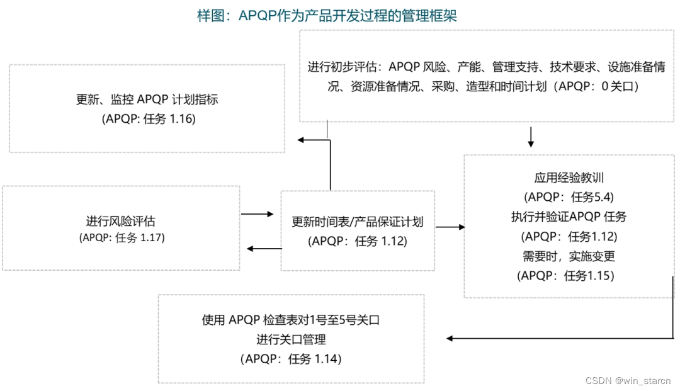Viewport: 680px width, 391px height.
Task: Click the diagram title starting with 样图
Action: (x=327, y=16)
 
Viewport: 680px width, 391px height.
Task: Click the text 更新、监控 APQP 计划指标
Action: (x=147, y=99)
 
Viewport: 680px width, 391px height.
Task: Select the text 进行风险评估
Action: (x=121, y=221)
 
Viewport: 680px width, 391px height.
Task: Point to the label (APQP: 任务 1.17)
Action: (x=122, y=238)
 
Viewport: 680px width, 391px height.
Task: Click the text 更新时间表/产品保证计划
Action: (x=357, y=222)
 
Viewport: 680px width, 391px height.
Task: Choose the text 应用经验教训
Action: (x=569, y=178)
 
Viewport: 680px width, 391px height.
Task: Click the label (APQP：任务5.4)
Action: (x=569, y=197)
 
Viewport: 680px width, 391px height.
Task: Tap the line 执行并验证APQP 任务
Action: (x=569, y=217)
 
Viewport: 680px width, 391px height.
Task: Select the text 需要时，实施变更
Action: (x=569, y=256)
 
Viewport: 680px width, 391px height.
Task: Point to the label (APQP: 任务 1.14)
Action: (x=290, y=359)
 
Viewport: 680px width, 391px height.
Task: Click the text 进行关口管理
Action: (x=291, y=339)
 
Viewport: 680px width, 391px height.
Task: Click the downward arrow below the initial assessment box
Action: (x=531, y=137)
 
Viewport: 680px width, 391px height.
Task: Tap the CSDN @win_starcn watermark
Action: (x=628, y=380)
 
